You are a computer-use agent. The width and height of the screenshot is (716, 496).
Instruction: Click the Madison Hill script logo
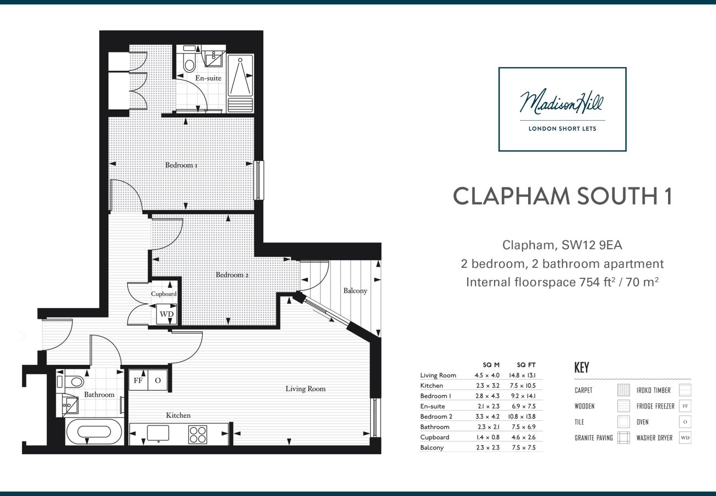(562, 103)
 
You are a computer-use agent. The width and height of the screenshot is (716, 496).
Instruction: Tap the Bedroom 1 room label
(182, 165)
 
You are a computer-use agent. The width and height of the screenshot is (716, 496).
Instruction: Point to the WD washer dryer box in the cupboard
(166, 314)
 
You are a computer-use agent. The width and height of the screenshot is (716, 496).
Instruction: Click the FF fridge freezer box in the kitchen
(138, 380)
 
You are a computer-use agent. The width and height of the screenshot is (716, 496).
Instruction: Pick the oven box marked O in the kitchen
(158, 380)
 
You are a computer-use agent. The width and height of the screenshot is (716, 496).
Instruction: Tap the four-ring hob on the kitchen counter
(198, 434)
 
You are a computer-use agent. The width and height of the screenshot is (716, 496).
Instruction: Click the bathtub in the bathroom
(94, 432)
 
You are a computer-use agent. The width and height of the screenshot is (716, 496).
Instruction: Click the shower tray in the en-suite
(240, 83)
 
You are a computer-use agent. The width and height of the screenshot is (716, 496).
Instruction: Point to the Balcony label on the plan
(355, 290)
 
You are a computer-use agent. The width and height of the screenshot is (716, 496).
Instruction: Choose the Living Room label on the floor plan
(305, 389)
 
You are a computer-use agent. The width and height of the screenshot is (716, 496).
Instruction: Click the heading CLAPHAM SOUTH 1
(562, 196)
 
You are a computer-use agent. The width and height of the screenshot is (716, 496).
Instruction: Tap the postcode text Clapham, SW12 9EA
(562, 245)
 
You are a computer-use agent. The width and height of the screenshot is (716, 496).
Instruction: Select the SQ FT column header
(525, 365)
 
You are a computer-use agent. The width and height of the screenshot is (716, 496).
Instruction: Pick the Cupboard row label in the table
(435, 437)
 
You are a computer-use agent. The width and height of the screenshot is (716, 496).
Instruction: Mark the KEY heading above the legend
(582, 368)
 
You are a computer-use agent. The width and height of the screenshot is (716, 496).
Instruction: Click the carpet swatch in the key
(623, 390)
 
